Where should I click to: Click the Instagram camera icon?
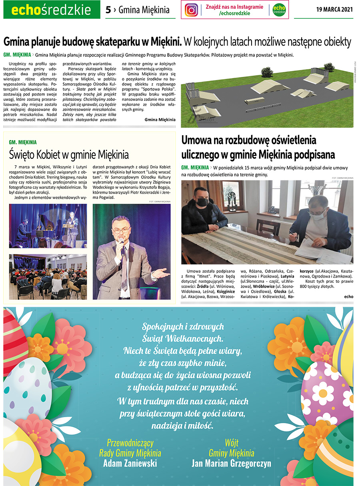coord(192,10)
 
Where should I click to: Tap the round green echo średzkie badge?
coord(279,10)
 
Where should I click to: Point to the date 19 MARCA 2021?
coord(334,10)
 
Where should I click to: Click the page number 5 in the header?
coord(108,10)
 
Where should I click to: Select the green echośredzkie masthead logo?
coord(52,10)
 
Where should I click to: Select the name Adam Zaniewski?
coord(130,463)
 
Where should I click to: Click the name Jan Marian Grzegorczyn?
coord(231,463)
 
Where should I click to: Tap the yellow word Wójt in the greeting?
coord(232,443)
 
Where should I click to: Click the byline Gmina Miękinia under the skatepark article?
coord(160,119)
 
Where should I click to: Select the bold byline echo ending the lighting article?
coord(348,296)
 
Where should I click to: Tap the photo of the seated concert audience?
coord(48,276)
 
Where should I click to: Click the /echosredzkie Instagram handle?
coord(234,13)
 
